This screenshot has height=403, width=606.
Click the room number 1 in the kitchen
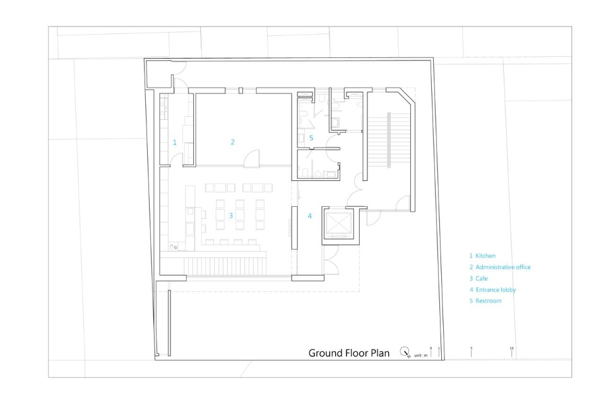pos(174,143)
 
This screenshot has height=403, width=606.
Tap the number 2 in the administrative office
pos(233,142)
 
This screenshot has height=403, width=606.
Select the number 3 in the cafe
pos(231,216)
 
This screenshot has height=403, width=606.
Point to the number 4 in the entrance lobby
pos(309,216)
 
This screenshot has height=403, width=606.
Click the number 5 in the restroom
pos(311,138)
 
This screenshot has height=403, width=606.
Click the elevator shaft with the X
pos(339,223)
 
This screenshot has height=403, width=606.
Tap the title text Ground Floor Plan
pos(348,353)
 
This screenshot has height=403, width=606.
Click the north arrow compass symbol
pos(405,352)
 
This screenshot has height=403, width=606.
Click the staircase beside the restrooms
pos(388,140)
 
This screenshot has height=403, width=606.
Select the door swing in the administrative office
pos(252,159)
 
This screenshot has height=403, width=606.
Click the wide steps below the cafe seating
pos(225,266)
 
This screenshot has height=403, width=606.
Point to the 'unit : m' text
pos(421,355)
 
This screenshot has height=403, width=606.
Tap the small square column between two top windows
pos(241,91)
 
